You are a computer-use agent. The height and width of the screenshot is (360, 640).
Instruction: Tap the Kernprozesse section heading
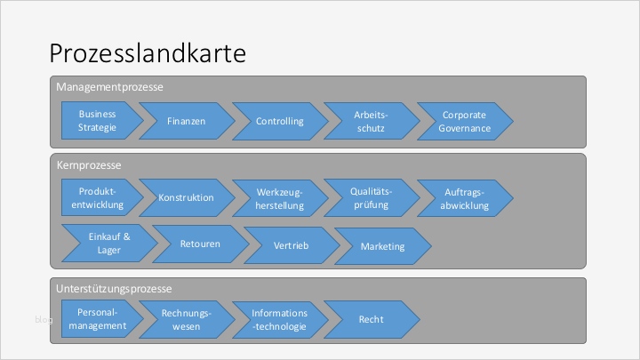(89, 165)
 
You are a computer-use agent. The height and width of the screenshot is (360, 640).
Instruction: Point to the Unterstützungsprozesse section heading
(114, 289)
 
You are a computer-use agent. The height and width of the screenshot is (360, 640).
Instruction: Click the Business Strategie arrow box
(99, 121)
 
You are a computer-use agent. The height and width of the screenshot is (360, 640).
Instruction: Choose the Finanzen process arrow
(187, 121)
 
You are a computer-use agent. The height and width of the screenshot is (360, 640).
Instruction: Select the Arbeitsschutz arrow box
(371, 121)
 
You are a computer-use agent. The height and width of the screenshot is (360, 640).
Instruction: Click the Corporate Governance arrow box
(465, 121)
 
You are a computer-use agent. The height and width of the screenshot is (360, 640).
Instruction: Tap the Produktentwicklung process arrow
(99, 198)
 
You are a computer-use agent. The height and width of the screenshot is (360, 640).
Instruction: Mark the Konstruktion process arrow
(187, 198)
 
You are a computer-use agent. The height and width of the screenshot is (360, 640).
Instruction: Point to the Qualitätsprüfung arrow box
(371, 197)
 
